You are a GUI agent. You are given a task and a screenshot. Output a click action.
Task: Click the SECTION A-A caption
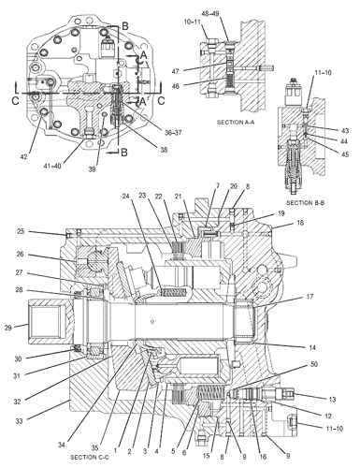(236, 123)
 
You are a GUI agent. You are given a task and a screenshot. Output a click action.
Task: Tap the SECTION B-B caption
(305, 203)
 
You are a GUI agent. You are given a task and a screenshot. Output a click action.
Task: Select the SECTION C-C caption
(89, 457)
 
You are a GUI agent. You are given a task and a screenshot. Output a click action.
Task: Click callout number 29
(8, 328)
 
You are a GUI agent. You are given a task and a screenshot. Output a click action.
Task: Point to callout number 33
(19, 421)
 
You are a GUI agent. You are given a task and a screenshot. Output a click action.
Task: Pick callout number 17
(310, 297)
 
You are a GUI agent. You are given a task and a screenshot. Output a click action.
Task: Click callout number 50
(314, 364)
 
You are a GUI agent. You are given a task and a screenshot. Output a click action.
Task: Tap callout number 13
(332, 400)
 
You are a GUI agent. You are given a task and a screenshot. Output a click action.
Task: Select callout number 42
(23, 157)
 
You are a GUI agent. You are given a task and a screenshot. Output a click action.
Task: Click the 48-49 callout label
(210, 14)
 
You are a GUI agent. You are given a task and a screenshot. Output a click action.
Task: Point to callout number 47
(176, 71)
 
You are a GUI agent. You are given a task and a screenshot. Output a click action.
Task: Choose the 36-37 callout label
(173, 133)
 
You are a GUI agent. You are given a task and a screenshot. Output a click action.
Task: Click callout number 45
(345, 154)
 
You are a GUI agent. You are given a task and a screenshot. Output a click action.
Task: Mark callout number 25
(21, 232)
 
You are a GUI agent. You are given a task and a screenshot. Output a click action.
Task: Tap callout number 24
(125, 196)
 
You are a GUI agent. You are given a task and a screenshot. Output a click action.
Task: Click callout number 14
(312, 347)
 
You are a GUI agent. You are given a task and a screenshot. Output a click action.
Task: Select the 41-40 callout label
(52, 166)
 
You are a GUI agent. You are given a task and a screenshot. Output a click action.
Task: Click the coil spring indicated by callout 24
(173, 293)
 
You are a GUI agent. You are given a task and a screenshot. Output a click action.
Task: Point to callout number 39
(92, 169)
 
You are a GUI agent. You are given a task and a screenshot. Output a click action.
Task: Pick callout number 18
(300, 223)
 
